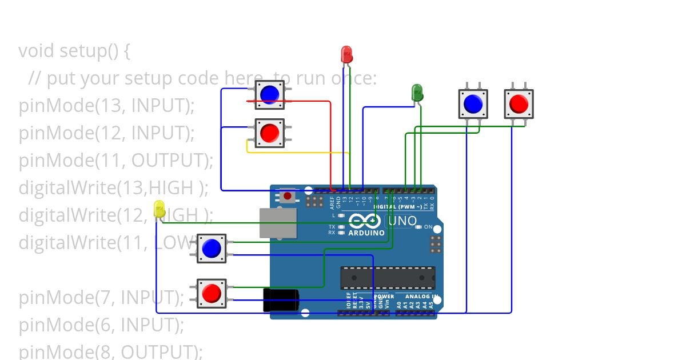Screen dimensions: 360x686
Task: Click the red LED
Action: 346,54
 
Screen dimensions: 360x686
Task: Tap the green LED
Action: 417,92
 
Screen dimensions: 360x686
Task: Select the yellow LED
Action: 159,209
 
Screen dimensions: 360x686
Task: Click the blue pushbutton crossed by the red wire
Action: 269,94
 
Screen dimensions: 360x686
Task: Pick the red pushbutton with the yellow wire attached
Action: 269,133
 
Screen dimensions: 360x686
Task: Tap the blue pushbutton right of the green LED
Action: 473,103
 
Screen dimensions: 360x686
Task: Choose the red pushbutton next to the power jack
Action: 212,293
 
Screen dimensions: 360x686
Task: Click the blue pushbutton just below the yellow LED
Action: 212,248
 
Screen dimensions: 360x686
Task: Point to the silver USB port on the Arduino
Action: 278,223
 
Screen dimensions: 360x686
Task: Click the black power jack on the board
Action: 281,299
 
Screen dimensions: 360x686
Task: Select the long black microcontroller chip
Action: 388,278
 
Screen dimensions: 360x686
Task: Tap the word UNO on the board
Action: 404,221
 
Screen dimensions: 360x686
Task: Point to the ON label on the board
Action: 428,227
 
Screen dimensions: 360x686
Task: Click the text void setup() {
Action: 74,51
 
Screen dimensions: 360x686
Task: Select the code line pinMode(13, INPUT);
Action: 107,106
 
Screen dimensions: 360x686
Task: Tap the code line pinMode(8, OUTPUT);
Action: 111,351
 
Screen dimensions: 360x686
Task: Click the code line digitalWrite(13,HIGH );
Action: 114,187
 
